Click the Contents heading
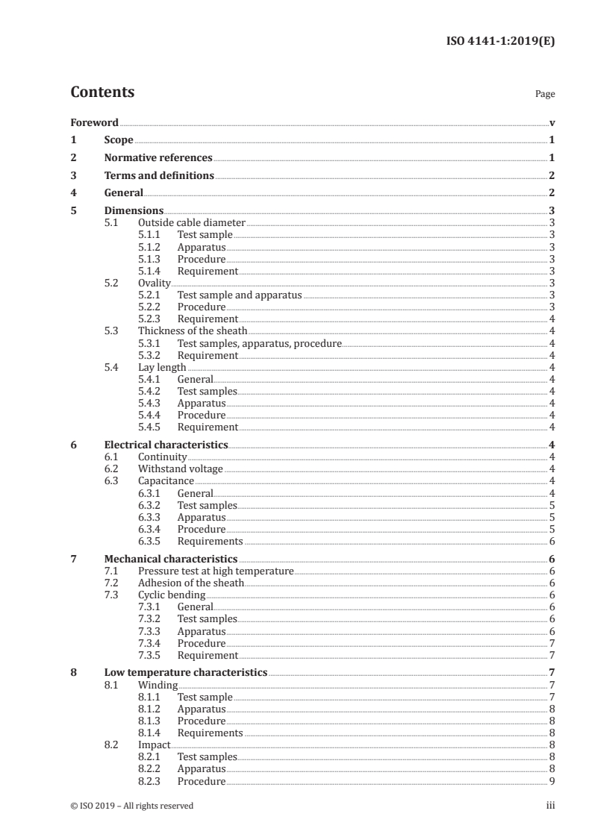[x=102, y=93]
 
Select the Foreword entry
[x=94, y=122]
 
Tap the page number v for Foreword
[x=551, y=122]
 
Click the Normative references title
[x=158, y=158]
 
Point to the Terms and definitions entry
[x=159, y=176]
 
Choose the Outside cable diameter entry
[x=191, y=223]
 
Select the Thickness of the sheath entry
[x=192, y=331]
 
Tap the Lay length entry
[x=162, y=368]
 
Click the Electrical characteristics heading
[x=166, y=445]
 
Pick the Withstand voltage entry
[x=180, y=469]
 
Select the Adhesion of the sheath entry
[x=190, y=583]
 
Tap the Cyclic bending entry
[x=171, y=595]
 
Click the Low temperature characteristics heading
[x=185, y=673]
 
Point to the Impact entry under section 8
[x=154, y=745]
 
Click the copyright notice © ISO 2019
[x=131, y=806]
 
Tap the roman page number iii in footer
[x=550, y=806]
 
